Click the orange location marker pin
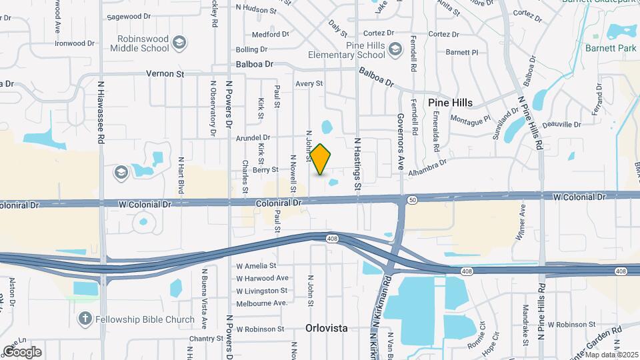tap(321, 159)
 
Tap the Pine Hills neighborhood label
tap(450, 103)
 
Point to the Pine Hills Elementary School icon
tap(395, 49)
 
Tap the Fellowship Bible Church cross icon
tap(85, 319)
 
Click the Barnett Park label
tap(611, 48)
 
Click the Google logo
tap(22, 351)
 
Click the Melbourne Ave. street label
tap(261, 303)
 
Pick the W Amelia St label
tap(256, 265)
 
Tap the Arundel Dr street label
tap(257, 138)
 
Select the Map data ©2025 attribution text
tap(611, 355)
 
